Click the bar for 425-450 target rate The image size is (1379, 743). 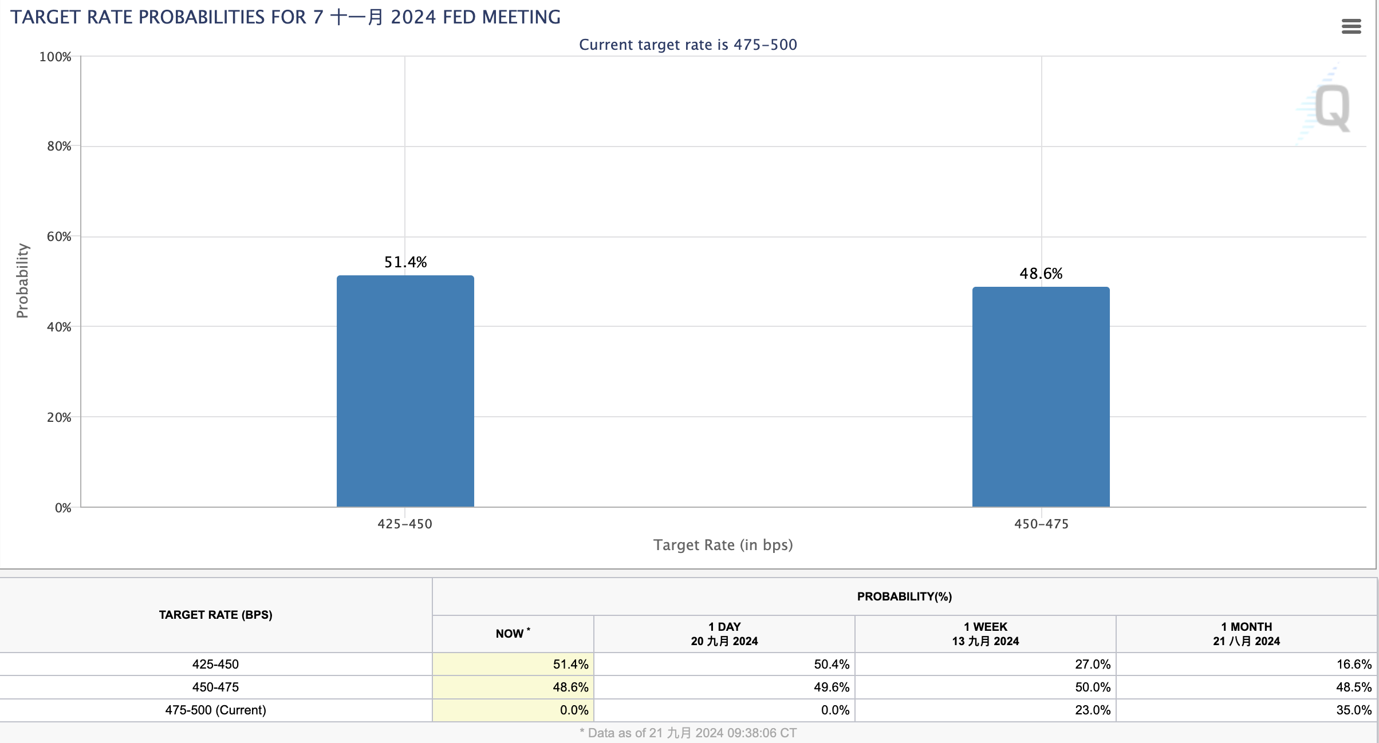click(x=405, y=392)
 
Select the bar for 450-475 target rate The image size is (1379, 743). click(x=1041, y=397)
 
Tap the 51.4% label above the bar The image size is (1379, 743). click(x=405, y=262)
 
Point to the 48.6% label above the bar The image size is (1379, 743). click(x=1041, y=274)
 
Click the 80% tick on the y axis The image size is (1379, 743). click(x=59, y=147)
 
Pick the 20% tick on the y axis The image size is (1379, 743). click(x=59, y=417)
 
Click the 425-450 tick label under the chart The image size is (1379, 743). click(x=405, y=524)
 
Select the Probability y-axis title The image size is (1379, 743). click(x=22, y=280)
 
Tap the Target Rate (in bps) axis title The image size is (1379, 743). click(x=723, y=545)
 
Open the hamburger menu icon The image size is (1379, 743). click(x=1351, y=26)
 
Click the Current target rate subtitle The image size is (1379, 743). click(x=688, y=45)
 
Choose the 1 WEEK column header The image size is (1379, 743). click(x=985, y=634)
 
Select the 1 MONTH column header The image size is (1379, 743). click(x=1246, y=634)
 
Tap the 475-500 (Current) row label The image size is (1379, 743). click(x=215, y=710)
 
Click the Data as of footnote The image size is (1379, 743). click(x=688, y=733)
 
